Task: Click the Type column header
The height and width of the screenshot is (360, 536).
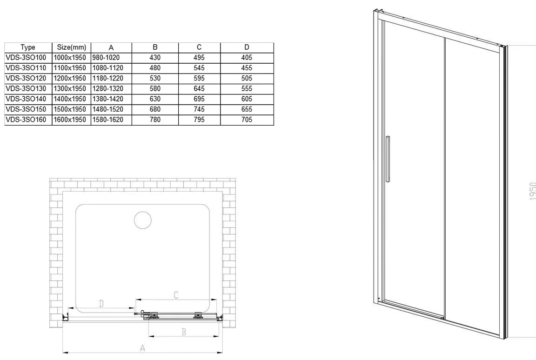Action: [28, 47]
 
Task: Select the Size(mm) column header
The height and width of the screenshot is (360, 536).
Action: [72, 47]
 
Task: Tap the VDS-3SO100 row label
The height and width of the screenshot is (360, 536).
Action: [26, 58]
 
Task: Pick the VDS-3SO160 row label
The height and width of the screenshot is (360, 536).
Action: [26, 120]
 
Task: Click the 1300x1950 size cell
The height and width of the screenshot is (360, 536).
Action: [70, 89]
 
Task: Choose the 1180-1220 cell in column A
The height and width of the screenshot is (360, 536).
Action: [107, 79]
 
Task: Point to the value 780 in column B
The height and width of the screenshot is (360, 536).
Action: [155, 120]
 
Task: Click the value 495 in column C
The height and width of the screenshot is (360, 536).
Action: [199, 58]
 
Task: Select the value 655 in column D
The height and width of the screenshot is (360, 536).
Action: [247, 110]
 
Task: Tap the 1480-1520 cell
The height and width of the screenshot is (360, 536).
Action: [107, 110]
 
